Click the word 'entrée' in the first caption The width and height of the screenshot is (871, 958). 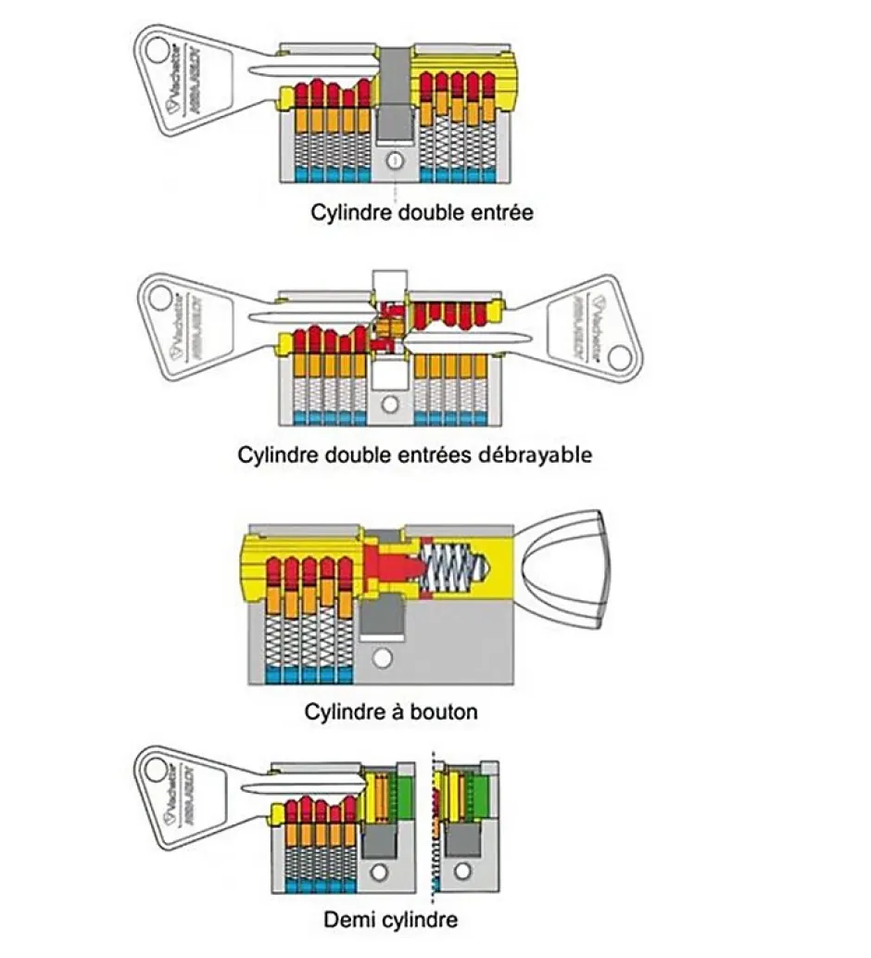(x=499, y=212)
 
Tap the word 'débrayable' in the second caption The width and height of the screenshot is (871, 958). (x=539, y=455)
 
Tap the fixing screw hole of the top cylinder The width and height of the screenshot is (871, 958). (x=396, y=162)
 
